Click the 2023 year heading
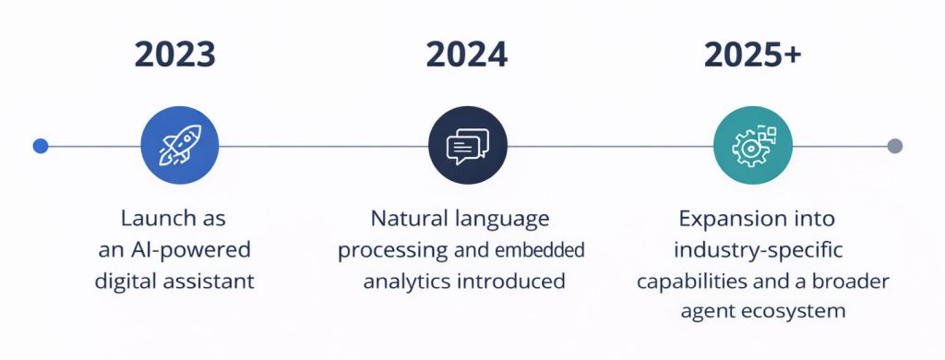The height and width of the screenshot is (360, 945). pos(175,54)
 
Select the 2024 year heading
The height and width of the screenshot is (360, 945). pos(467,54)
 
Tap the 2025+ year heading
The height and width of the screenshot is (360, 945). pos(752,54)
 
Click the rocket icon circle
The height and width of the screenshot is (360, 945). pos(179,146)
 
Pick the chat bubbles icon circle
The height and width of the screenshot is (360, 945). pos(468,146)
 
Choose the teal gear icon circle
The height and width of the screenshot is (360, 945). pos(753,146)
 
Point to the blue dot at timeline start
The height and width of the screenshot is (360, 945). pos(40,146)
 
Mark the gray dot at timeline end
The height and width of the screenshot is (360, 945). pos(894,146)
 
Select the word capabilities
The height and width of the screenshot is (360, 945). pos(688,281)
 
